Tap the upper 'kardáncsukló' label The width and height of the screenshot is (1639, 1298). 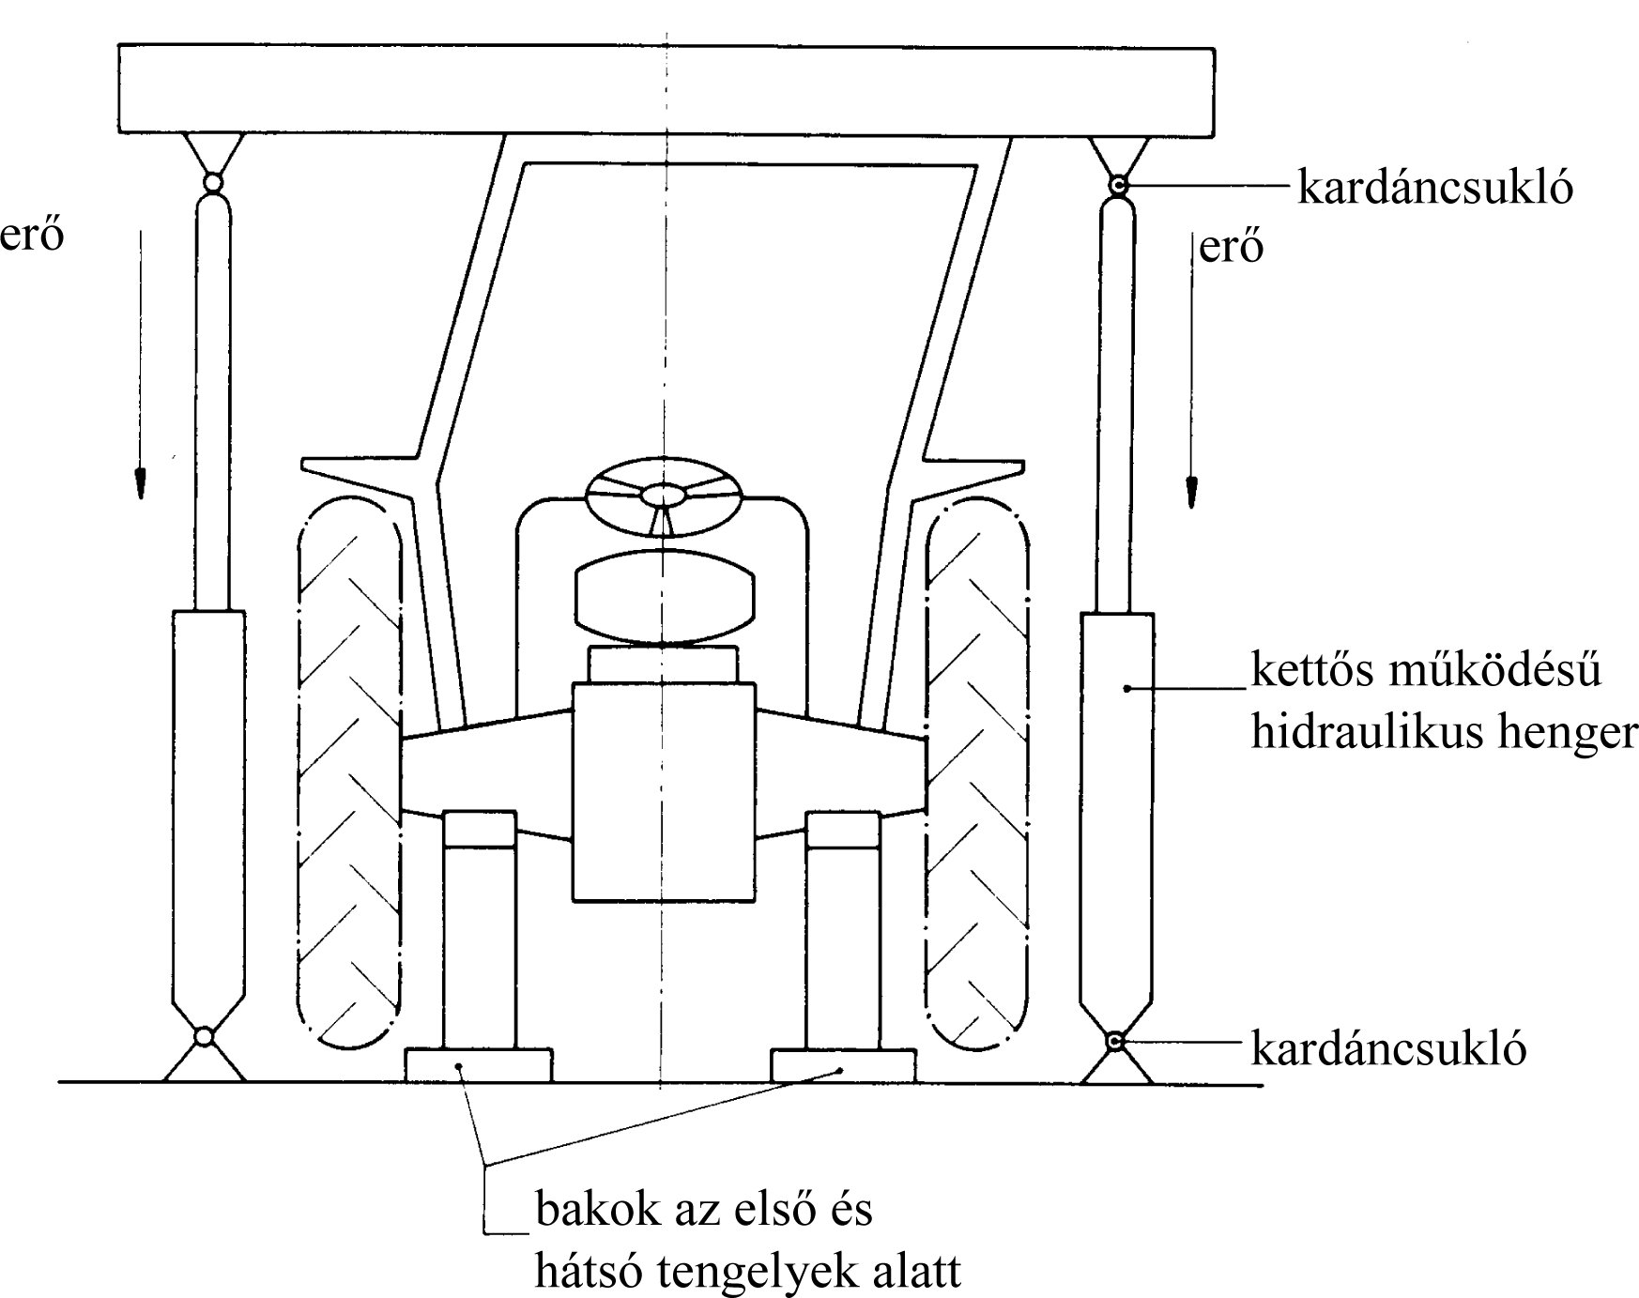tap(1434, 188)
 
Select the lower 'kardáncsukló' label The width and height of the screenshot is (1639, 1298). tap(1388, 1048)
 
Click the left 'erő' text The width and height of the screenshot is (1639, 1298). tap(32, 236)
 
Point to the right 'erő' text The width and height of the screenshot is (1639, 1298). tap(1232, 247)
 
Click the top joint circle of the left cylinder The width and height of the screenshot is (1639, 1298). tap(212, 182)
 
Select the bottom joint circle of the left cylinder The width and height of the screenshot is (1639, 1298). tap(204, 1036)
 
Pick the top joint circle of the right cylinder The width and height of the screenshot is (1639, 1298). tap(1117, 185)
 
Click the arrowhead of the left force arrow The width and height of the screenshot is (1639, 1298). tap(140, 481)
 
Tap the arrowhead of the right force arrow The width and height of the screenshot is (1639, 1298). tap(1191, 491)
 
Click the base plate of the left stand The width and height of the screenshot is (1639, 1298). tap(478, 1065)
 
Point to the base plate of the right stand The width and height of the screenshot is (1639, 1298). tap(842, 1065)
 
